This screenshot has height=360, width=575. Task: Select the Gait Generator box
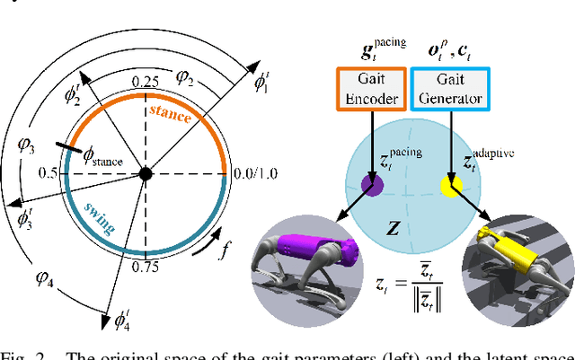coord(452,91)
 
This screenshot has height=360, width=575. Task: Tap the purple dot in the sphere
coord(373,186)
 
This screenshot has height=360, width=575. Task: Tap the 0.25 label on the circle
coord(142,81)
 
